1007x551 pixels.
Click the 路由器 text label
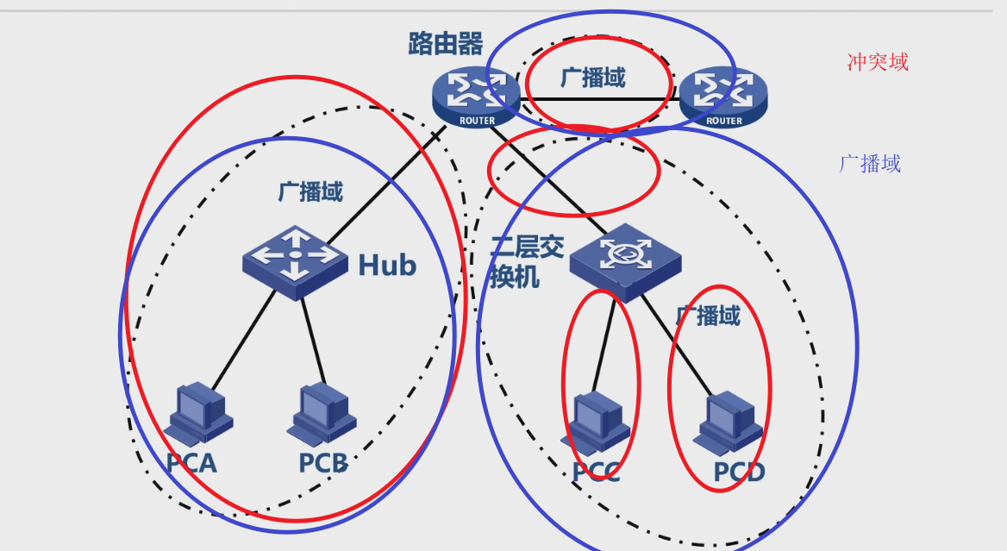tap(446, 43)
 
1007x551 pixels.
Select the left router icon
tap(476, 96)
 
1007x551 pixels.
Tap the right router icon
tap(722, 96)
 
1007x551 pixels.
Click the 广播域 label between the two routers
tap(592, 78)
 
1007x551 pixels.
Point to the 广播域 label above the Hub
tap(310, 191)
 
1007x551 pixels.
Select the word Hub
tap(387, 266)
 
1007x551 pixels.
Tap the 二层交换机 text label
tap(523, 262)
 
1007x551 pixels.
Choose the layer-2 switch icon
tap(624, 258)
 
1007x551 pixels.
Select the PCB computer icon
tap(322, 413)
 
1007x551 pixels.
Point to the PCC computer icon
tap(597, 423)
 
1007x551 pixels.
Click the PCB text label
tap(322, 464)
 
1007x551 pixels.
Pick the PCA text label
tap(191, 464)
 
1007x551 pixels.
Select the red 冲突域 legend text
tap(878, 62)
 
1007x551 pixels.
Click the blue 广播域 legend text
tap(870, 164)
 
